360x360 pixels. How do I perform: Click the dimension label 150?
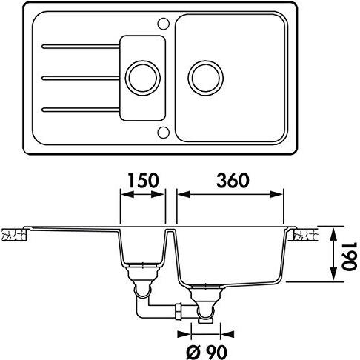(x=143, y=180)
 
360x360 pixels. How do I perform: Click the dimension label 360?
(x=233, y=180)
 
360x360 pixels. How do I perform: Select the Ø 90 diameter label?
(x=206, y=351)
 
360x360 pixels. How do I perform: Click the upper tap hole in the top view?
(x=163, y=24)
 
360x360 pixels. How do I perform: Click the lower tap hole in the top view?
(x=163, y=132)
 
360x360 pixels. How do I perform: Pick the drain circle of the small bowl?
(x=143, y=79)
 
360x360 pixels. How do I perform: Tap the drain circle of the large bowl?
(x=206, y=79)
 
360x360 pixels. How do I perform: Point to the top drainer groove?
(x=81, y=47)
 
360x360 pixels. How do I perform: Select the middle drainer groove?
(x=81, y=79)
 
